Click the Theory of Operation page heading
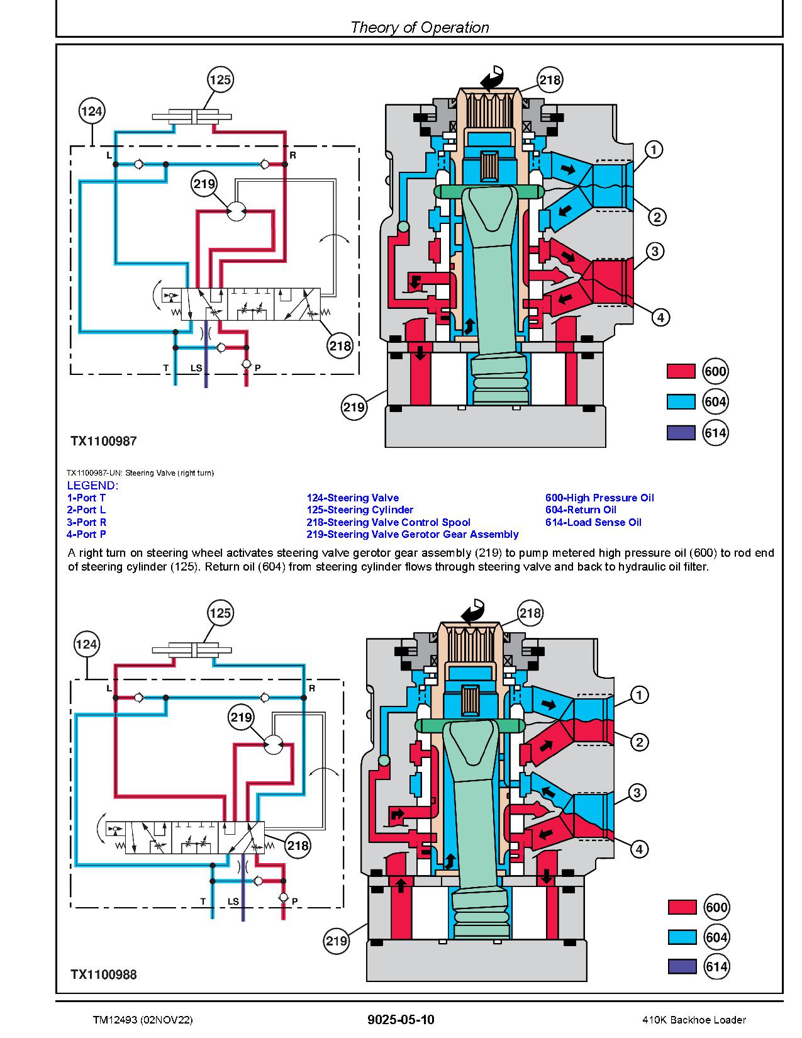(x=419, y=27)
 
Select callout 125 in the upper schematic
(x=220, y=80)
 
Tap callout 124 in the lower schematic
(x=86, y=644)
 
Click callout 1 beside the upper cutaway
(x=654, y=150)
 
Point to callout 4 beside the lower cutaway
(x=639, y=849)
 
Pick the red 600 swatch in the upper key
(x=681, y=372)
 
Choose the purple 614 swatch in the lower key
(x=682, y=966)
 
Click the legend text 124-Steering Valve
(x=352, y=498)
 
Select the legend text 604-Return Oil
(x=581, y=510)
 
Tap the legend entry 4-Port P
(x=86, y=534)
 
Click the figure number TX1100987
(x=103, y=441)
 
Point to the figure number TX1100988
(x=103, y=974)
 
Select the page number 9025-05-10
(x=401, y=1020)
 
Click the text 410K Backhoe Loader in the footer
(x=694, y=1020)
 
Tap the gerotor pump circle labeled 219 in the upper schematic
(x=236, y=212)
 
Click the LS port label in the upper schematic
(x=196, y=367)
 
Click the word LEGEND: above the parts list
(x=92, y=485)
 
